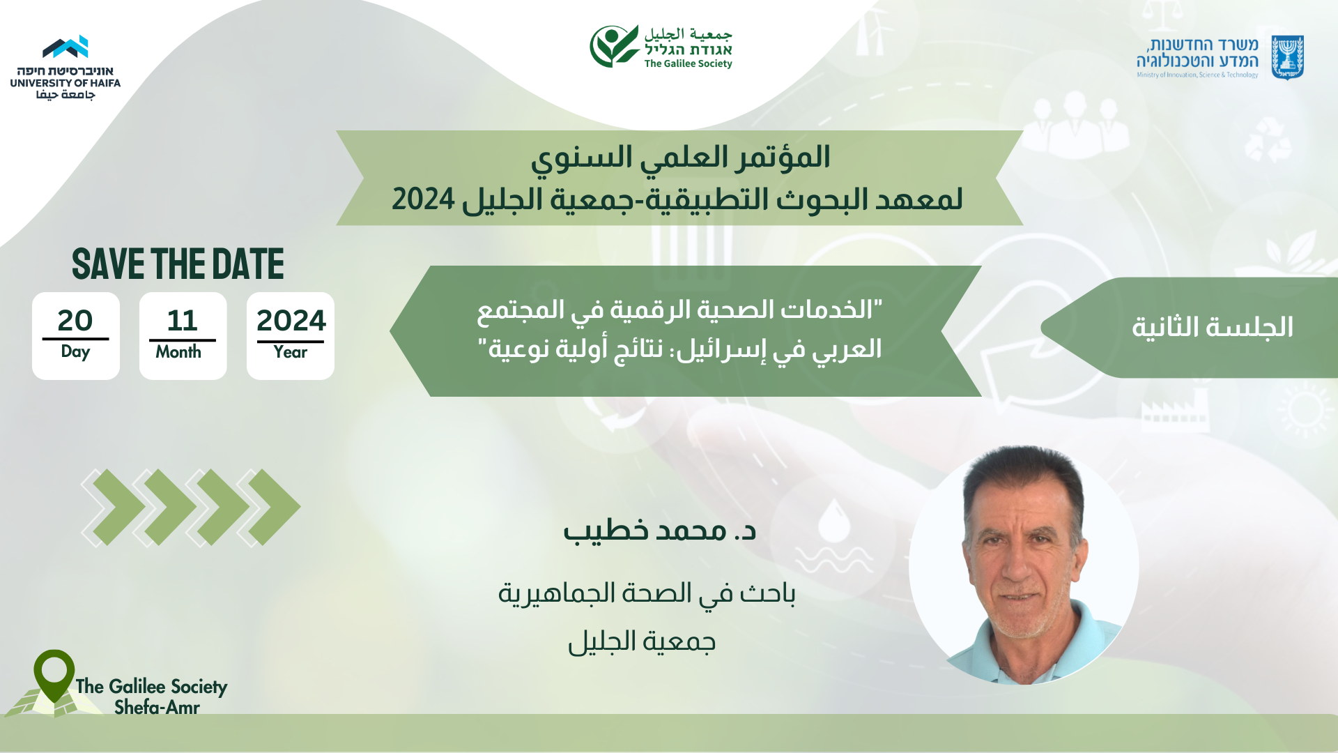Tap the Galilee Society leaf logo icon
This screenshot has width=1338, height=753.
[x=614, y=46]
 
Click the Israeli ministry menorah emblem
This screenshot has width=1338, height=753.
[x=1287, y=58]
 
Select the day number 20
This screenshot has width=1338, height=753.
[x=75, y=321]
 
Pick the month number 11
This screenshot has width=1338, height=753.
[x=183, y=321]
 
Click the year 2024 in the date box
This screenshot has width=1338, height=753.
[x=291, y=321]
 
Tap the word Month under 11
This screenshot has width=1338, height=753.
[x=178, y=352]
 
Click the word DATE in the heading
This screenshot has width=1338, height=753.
[x=248, y=264]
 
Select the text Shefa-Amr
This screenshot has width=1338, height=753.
[x=157, y=707]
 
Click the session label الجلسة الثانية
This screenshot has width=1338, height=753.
[x=1213, y=327]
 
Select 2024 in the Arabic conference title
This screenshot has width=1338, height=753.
[x=423, y=199]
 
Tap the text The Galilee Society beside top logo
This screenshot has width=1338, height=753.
[x=688, y=63]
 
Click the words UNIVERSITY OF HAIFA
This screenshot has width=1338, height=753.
[x=66, y=83]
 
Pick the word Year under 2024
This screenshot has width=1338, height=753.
[x=290, y=352]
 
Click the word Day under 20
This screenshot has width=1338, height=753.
[x=75, y=352]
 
